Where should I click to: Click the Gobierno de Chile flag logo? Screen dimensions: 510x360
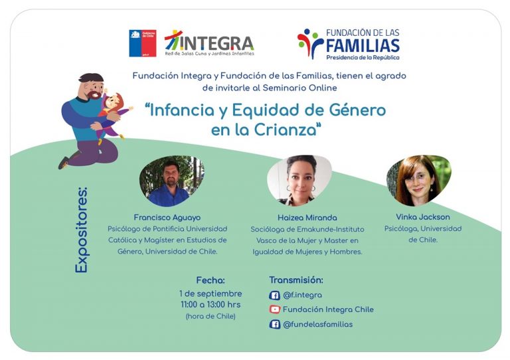pyautogui.click(x=143, y=43)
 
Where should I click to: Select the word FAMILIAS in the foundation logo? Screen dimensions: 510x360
pyautogui.click(x=363, y=46)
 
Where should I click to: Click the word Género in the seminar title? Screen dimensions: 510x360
pyautogui.click(x=357, y=110)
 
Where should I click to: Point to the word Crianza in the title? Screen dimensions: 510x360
pyautogui.click(x=286, y=130)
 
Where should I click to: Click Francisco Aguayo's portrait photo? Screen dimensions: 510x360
pyautogui.click(x=172, y=181)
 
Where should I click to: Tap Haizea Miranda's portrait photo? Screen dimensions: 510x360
pyautogui.click(x=299, y=180)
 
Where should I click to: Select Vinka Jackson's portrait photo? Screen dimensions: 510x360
pyautogui.click(x=419, y=180)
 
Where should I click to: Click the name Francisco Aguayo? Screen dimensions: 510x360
pyautogui.click(x=167, y=218)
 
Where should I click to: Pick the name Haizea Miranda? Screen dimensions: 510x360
pyautogui.click(x=307, y=218)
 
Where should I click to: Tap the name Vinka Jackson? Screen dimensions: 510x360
pyautogui.click(x=423, y=217)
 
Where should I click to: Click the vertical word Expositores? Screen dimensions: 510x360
pyautogui.click(x=81, y=230)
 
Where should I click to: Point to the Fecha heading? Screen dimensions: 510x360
pyautogui.click(x=211, y=280)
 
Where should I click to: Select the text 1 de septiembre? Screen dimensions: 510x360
pyautogui.click(x=211, y=294)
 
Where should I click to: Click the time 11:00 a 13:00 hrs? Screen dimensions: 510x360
pyautogui.click(x=211, y=305)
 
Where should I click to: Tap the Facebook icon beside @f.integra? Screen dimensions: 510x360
pyautogui.click(x=274, y=296)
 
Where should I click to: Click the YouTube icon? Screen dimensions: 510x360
pyautogui.click(x=274, y=310)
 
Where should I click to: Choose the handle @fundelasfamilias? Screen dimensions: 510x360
pyautogui.click(x=318, y=324)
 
